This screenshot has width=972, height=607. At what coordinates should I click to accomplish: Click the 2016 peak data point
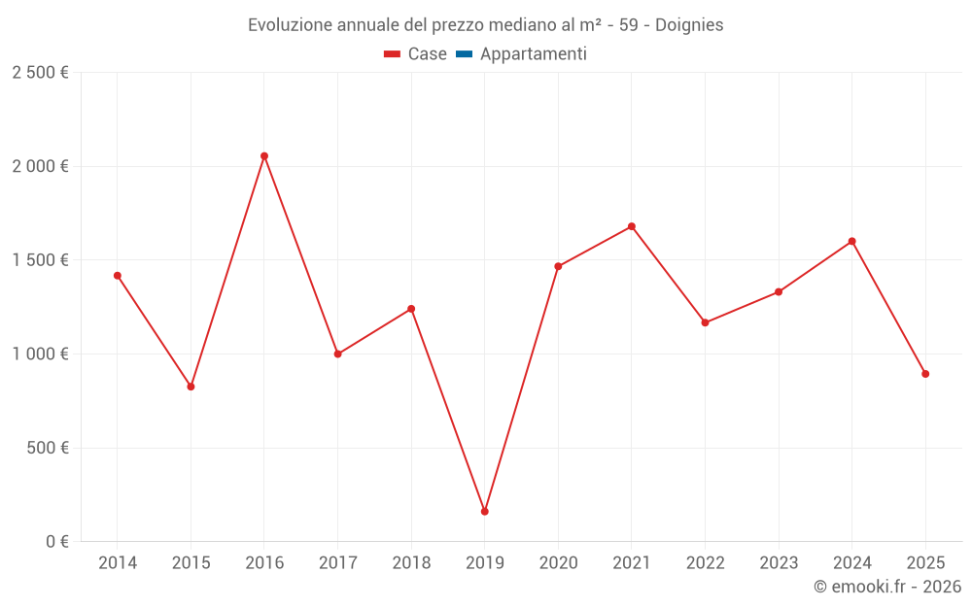pyautogui.click(x=264, y=156)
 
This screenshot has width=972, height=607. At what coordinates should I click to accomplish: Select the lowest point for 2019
pyautogui.click(x=485, y=512)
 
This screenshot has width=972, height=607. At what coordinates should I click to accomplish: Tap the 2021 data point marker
pyautogui.click(x=632, y=226)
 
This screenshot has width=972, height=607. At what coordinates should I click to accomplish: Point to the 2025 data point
pyautogui.click(x=925, y=374)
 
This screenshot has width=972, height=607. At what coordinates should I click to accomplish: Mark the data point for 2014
pyautogui.click(x=118, y=276)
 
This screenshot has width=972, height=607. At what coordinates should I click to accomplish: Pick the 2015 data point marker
pyautogui.click(x=191, y=387)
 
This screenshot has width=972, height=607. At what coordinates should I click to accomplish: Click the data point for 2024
pyautogui.click(x=851, y=242)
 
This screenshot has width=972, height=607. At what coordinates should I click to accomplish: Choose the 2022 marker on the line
pyautogui.click(x=705, y=322)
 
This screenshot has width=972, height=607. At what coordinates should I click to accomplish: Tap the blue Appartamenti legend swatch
pyautogui.click(x=464, y=54)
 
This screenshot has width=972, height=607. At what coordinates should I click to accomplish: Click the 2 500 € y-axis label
pyautogui.click(x=40, y=73)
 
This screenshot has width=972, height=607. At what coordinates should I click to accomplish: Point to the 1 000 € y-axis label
pyautogui.click(x=40, y=354)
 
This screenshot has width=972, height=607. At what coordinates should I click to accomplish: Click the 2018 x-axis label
pyautogui.click(x=411, y=563)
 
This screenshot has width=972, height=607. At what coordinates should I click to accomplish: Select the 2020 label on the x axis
pyautogui.click(x=558, y=563)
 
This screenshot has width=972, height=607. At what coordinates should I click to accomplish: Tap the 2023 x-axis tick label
pyautogui.click(x=779, y=563)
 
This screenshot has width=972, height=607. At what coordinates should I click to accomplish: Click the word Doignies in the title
pyautogui.click(x=689, y=25)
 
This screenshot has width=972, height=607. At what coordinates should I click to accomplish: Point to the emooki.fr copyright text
pyautogui.click(x=887, y=587)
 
